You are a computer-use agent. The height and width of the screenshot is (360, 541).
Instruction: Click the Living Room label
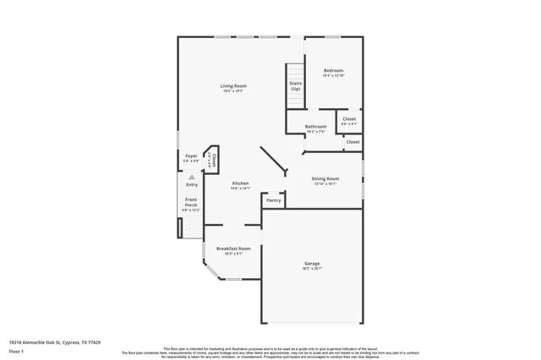click(233, 86)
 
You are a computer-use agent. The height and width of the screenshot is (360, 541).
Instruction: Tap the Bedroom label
click(333, 70)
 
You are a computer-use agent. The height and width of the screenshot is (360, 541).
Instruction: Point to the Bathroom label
click(315, 127)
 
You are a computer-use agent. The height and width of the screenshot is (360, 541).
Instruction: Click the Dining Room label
click(325, 178)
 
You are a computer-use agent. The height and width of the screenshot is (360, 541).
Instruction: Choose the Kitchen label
click(241, 183)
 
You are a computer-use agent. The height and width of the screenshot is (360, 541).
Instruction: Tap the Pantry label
click(273, 200)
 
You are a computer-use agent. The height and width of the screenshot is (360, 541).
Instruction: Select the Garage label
click(312, 264)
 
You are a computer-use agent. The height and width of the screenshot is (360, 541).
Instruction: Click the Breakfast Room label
click(233, 248)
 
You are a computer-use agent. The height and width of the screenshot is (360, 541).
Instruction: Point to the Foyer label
click(192, 155)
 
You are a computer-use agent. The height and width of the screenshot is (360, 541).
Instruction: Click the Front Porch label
click(191, 203)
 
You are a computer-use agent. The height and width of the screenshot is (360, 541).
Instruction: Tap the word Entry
click(192, 184)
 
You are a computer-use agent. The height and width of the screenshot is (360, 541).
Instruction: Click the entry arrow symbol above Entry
click(192, 177)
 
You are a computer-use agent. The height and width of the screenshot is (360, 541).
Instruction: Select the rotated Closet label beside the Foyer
click(214, 158)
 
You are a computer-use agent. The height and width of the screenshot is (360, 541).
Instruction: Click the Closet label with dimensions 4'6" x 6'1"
click(349, 119)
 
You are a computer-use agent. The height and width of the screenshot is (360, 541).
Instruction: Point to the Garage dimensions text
click(312, 269)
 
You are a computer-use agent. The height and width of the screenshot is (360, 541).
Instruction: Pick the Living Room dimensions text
click(233, 91)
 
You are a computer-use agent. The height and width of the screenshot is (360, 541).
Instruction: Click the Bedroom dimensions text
click(333, 75)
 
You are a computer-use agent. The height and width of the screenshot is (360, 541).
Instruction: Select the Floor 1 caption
click(28, 351)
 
